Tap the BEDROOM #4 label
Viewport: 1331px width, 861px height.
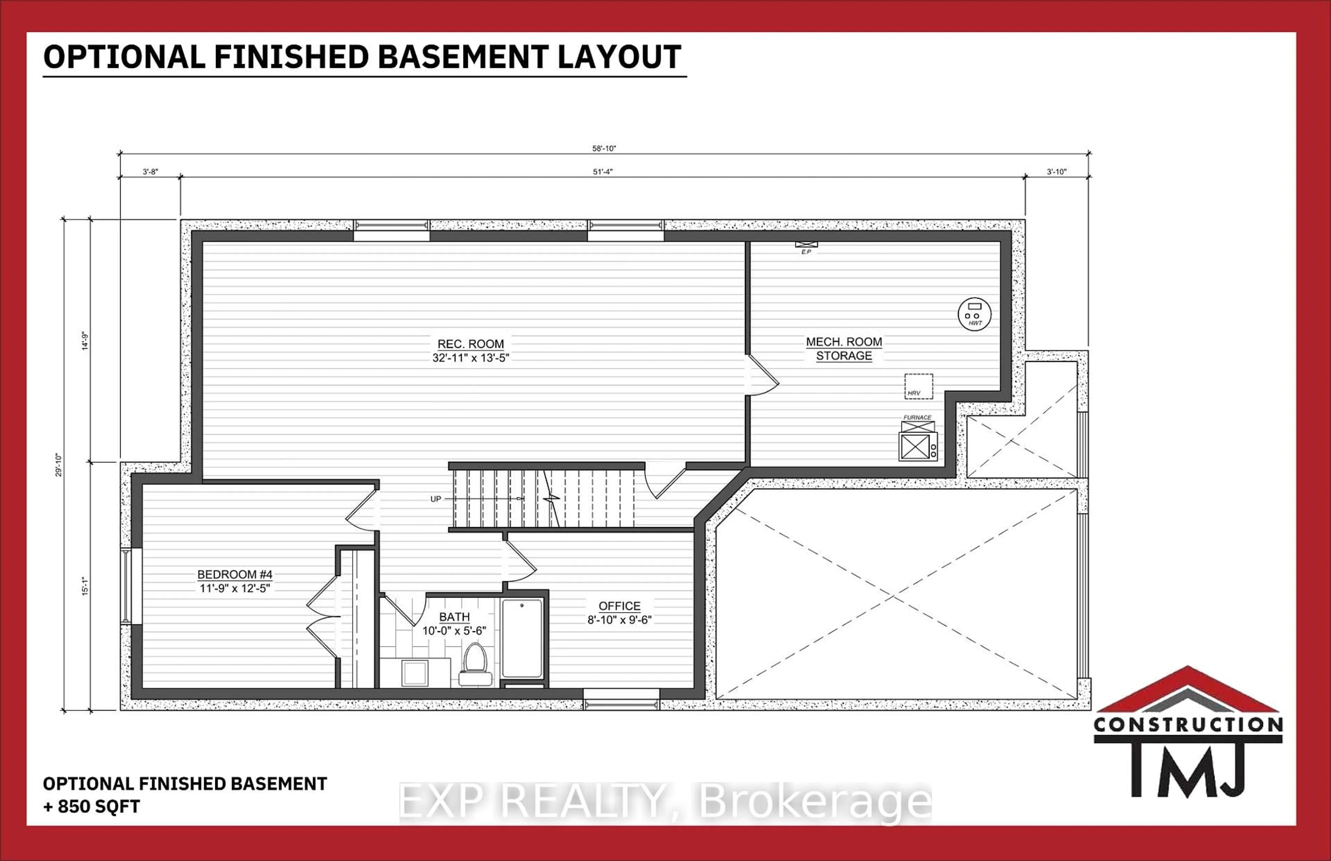pos(235,575)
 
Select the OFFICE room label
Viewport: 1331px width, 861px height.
pos(619,606)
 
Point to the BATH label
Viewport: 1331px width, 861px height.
pos(454,617)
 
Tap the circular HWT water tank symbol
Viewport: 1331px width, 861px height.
pos(974,314)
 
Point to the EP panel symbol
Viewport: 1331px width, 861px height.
pos(806,245)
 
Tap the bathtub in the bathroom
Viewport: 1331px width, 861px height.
pos(522,638)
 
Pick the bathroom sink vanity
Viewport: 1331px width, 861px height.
pos(415,672)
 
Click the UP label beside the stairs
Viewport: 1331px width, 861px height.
pos(435,499)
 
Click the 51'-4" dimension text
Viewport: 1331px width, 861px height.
pos(603,172)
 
